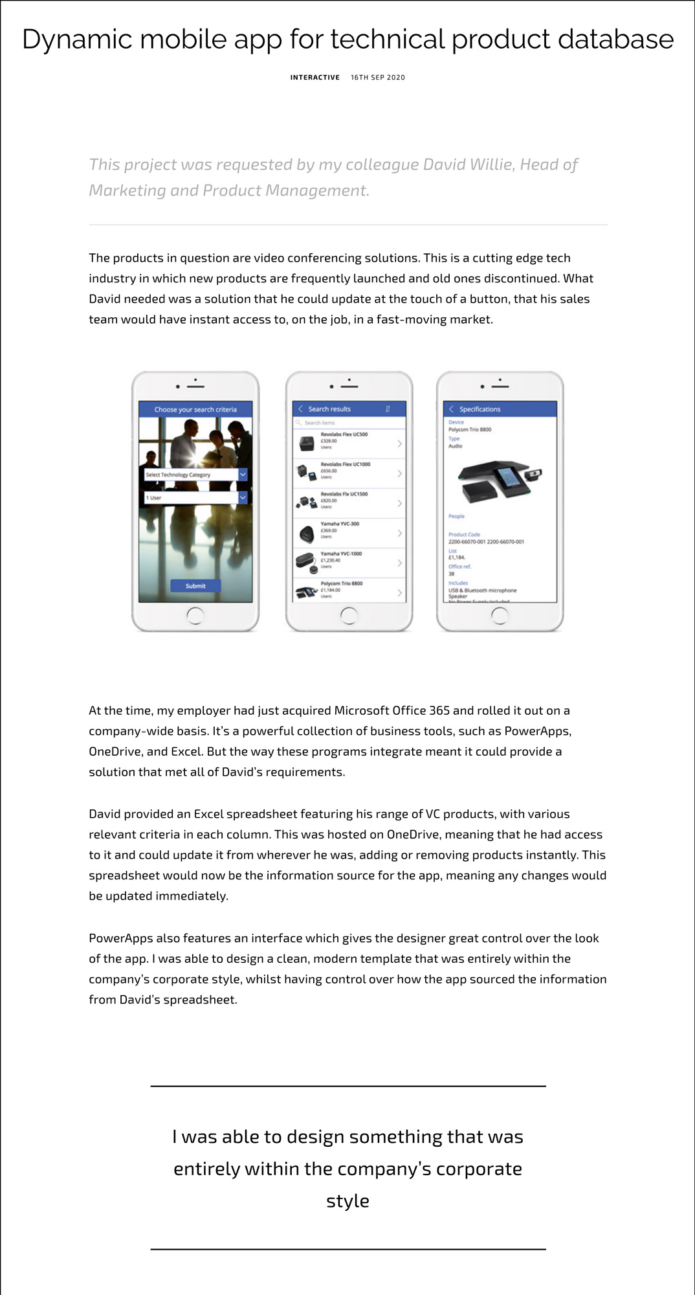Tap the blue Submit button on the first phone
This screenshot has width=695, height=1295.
click(x=195, y=586)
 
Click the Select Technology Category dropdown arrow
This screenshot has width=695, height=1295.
click(x=243, y=475)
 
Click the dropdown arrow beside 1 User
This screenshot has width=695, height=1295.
click(x=243, y=497)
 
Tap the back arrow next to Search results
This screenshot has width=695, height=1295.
click(x=300, y=409)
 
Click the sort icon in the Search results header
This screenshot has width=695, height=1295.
click(x=388, y=409)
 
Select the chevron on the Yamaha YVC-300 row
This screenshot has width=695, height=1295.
click(x=399, y=534)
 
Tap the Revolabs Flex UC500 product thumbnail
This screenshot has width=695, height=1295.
click(x=307, y=444)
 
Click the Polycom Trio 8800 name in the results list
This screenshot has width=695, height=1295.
click(x=342, y=583)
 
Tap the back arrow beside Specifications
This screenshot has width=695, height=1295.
click(x=451, y=409)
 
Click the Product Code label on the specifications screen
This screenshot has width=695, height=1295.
click(x=464, y=535)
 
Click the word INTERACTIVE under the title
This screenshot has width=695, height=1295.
click(x=314, y=78)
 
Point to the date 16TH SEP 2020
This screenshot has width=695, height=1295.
click(x=378, y=78)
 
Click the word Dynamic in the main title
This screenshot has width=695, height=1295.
click(x=76, y=40)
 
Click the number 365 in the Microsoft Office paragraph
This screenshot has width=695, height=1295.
click(x=439, y=710)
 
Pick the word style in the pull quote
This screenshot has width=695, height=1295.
click(x=347, y=1201)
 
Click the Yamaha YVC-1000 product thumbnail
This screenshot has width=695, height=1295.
click(x=306, y=561)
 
